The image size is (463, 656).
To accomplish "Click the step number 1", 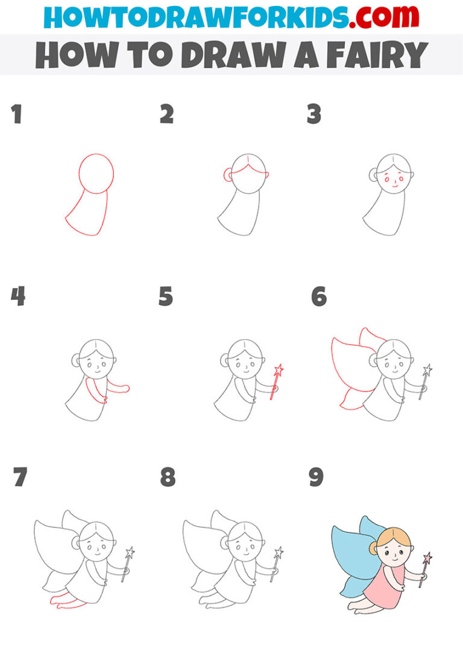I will pyautogui.click(x=16, y=114).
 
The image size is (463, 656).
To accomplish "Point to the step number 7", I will pyautogui.click(x=20, y=477).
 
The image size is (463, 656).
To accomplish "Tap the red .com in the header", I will pyautogui.click(x=379, y=18).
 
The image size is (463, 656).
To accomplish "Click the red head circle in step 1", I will pyautogui.click(x=96, y=173).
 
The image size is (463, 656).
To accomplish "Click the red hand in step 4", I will pyautogui.click(x=125, y=388).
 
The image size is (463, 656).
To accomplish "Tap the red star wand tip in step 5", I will pyautogui.click(x=278, y=370).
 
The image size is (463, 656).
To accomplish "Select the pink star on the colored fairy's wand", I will pyautogui.click(x=427, y=558).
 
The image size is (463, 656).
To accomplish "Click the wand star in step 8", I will pyautogui.click(x=279, y=552).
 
